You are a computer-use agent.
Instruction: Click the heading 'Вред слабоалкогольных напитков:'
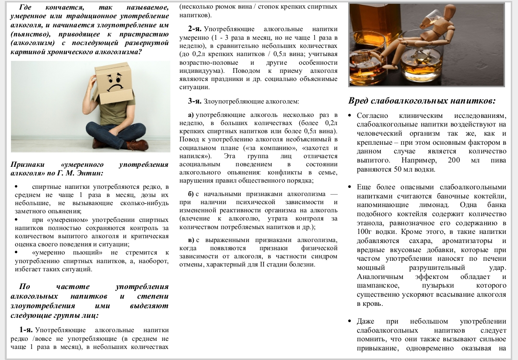point(422,101)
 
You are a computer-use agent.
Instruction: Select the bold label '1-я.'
point(26,330)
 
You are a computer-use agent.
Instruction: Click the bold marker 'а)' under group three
point(190,115)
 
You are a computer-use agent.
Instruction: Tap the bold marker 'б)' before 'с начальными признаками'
point(191,194)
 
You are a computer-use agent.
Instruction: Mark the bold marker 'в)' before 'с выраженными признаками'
point(190,240)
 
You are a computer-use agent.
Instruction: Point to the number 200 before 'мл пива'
point(453,160)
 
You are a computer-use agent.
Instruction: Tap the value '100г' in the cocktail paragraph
point(365,232)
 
